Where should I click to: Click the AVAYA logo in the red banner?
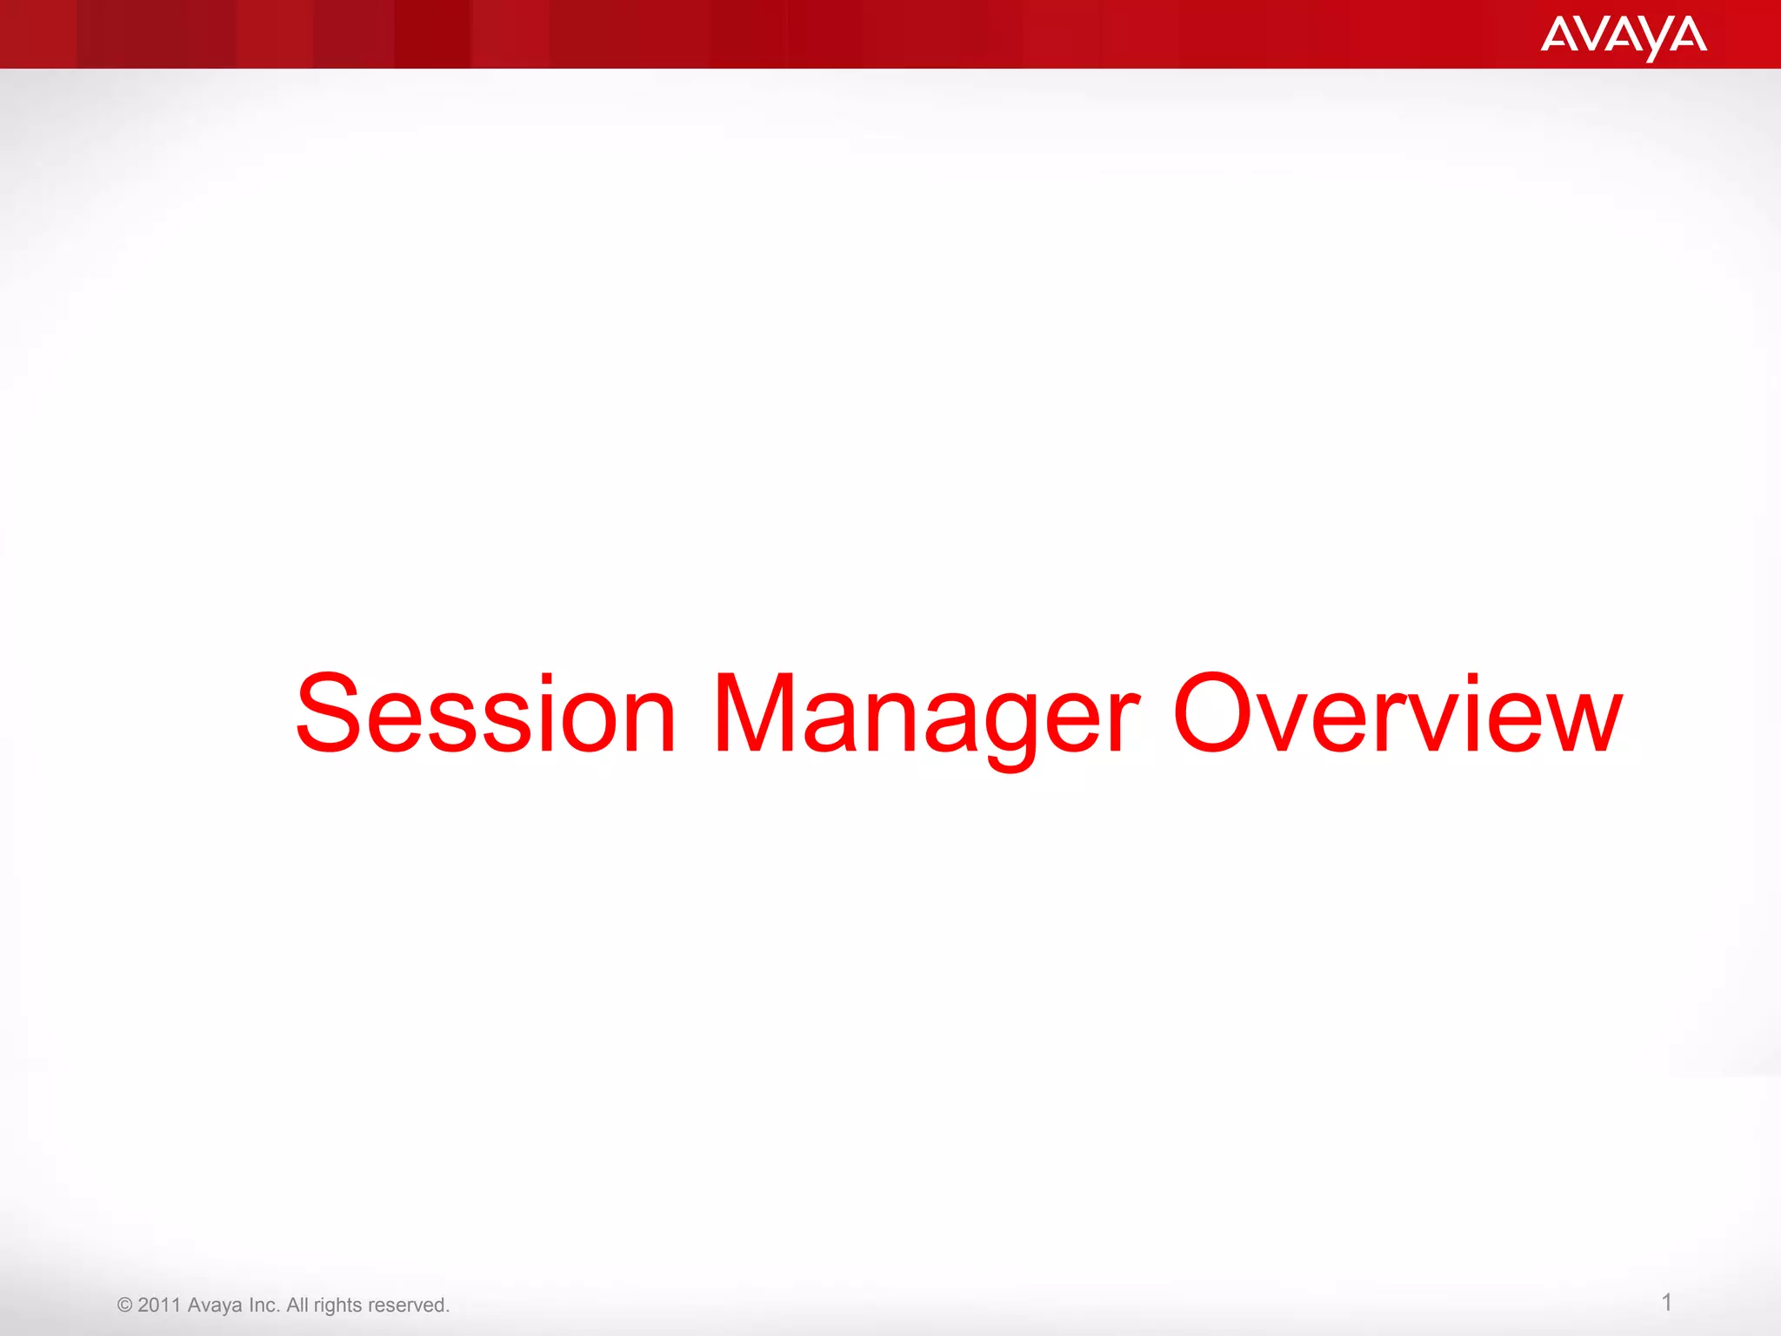pos(1624,37)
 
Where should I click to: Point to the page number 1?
pos(1666,1302)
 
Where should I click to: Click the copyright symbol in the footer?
pos(124,1306)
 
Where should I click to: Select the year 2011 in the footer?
pos(159,1305)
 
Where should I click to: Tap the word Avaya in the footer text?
pos(215,1305)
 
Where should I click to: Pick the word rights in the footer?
pos(337,1305)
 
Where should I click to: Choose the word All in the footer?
pos(297,1305)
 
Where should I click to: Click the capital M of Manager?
pos(753,713)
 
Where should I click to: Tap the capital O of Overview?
pos(1211,713)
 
